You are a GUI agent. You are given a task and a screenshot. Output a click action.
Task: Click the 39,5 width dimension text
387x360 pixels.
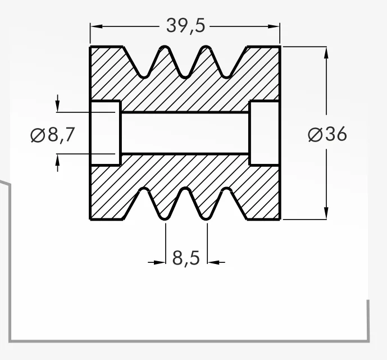[185, 26]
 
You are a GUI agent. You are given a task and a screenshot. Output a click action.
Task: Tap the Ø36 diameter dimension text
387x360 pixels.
[327, 134]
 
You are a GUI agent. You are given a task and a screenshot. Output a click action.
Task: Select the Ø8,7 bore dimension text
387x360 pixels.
[52, 135]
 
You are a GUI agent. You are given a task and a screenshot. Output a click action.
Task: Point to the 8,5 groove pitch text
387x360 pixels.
[186, 258]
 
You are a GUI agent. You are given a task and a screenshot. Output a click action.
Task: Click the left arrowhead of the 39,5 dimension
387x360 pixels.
[97, 26]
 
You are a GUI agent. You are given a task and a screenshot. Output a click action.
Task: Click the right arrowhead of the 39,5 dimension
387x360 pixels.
[274, 26]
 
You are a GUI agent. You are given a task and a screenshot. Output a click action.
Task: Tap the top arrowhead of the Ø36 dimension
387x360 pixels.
[326, 53]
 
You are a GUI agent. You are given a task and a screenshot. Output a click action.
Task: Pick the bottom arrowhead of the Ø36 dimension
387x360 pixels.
[326, 213]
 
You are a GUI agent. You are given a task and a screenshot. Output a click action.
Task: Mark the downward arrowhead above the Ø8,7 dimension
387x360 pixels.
[57, 106]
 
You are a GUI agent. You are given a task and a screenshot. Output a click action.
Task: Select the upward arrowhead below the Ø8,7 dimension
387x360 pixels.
[57, 160]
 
